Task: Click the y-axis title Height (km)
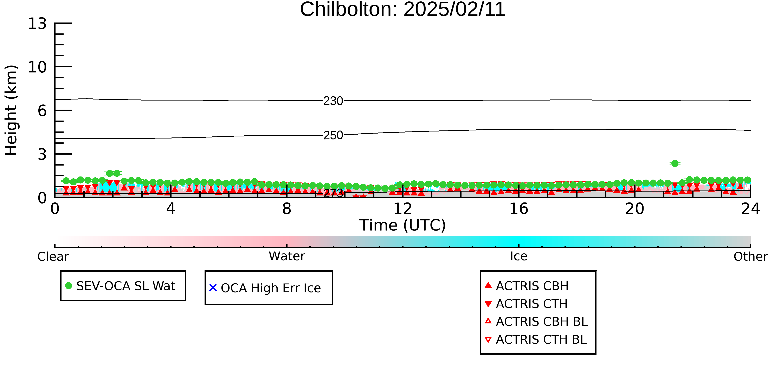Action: [11, 110]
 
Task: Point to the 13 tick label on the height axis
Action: [37, 24]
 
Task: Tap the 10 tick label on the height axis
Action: [37, 67]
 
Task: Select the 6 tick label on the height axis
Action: [42, 111]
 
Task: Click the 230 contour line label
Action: [333, 101]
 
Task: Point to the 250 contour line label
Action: [333, 136]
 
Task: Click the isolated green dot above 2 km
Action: [675, 163]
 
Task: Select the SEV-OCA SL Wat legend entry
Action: [120, 286]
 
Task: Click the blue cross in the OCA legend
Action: [213, 288]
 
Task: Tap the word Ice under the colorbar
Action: [519, 256]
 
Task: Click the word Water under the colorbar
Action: [287, 256]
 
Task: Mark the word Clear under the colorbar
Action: [53, 257]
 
